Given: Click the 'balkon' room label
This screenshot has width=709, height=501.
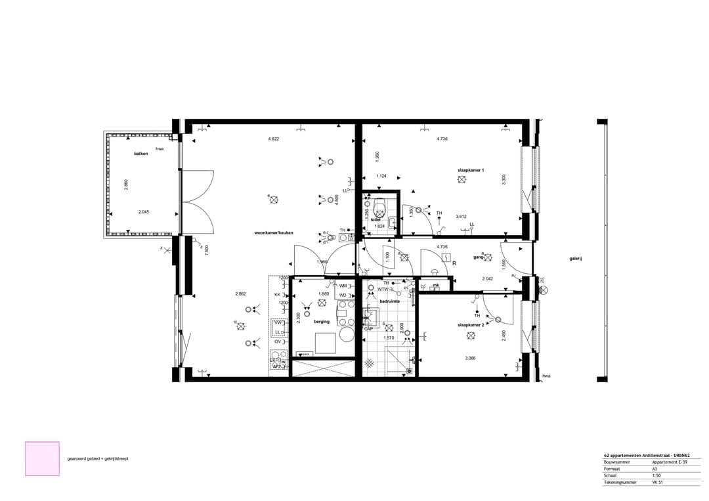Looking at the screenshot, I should tap(141, 153).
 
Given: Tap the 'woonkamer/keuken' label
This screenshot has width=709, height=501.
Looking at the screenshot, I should tap(274, 233).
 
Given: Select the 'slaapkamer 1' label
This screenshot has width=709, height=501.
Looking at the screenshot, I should tap(471, 170).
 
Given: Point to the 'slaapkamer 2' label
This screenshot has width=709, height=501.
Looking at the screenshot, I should tap(471, 324).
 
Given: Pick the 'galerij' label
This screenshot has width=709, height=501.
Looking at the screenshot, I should tap(576, 259).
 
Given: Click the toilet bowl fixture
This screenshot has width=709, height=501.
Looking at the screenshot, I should tap(379, 211).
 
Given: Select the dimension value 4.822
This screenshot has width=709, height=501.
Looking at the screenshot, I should tap(274, 139).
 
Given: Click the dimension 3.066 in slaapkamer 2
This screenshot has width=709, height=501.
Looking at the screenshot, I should tap(470, 358).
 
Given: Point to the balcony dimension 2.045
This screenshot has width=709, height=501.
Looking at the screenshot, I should tap(144, 212).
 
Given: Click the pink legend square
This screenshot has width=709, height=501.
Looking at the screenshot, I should tap(42, 458).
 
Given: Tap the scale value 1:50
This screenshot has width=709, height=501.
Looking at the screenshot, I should tap(657, 475).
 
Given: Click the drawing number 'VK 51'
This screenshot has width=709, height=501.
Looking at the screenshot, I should tap(658, 483).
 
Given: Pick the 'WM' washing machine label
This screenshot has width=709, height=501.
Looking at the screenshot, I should tap(343, 286).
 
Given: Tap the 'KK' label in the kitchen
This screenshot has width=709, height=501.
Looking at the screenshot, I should tap(277, 295).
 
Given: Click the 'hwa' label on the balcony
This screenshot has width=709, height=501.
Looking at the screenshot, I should tap(160, 149).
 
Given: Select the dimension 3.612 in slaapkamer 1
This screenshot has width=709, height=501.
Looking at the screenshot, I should tap(462, 216).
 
